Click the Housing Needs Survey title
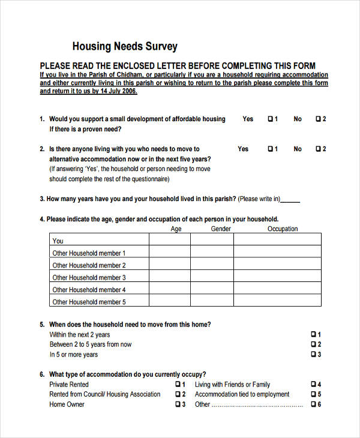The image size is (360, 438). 125,47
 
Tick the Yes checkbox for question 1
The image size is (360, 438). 270,119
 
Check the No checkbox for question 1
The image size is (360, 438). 318,119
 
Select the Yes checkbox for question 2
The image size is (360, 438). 270,149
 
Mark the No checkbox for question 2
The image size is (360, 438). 318,149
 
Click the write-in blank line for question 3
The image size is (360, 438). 290,200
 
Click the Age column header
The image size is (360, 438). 176,229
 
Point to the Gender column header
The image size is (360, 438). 221,229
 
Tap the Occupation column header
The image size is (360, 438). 282,229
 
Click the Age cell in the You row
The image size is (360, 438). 170,241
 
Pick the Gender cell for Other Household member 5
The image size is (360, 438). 212,302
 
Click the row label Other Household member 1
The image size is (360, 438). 89,253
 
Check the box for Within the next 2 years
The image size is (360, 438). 313,334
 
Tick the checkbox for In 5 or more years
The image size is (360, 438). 313,355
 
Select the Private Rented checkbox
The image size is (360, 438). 178,385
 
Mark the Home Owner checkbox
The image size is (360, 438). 178,404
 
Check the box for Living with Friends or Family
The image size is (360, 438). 313,385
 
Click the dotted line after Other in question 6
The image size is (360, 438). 258,406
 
